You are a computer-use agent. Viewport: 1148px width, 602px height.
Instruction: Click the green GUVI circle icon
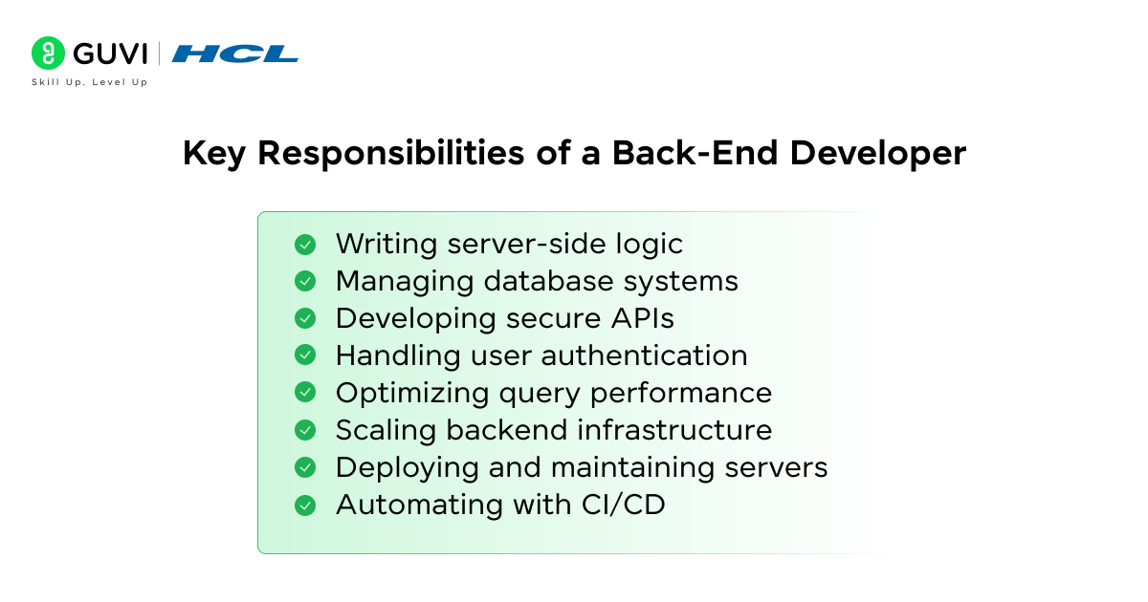[48, 53]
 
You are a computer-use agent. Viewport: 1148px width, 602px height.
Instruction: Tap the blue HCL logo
[235, 54]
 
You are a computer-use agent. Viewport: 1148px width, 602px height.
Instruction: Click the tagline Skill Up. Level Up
[89, 82]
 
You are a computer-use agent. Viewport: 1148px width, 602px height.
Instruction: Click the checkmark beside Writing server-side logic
[305, 245]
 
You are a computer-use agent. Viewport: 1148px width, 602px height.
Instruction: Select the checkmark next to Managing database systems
[305, 282]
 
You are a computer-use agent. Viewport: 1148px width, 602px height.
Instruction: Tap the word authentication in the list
[644, 355]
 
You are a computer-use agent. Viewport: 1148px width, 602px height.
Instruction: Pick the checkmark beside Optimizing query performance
[305, 393]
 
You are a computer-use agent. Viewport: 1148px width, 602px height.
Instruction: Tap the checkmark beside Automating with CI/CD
[305, 505]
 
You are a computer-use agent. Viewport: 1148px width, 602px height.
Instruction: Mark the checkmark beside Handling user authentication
[305, 355]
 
